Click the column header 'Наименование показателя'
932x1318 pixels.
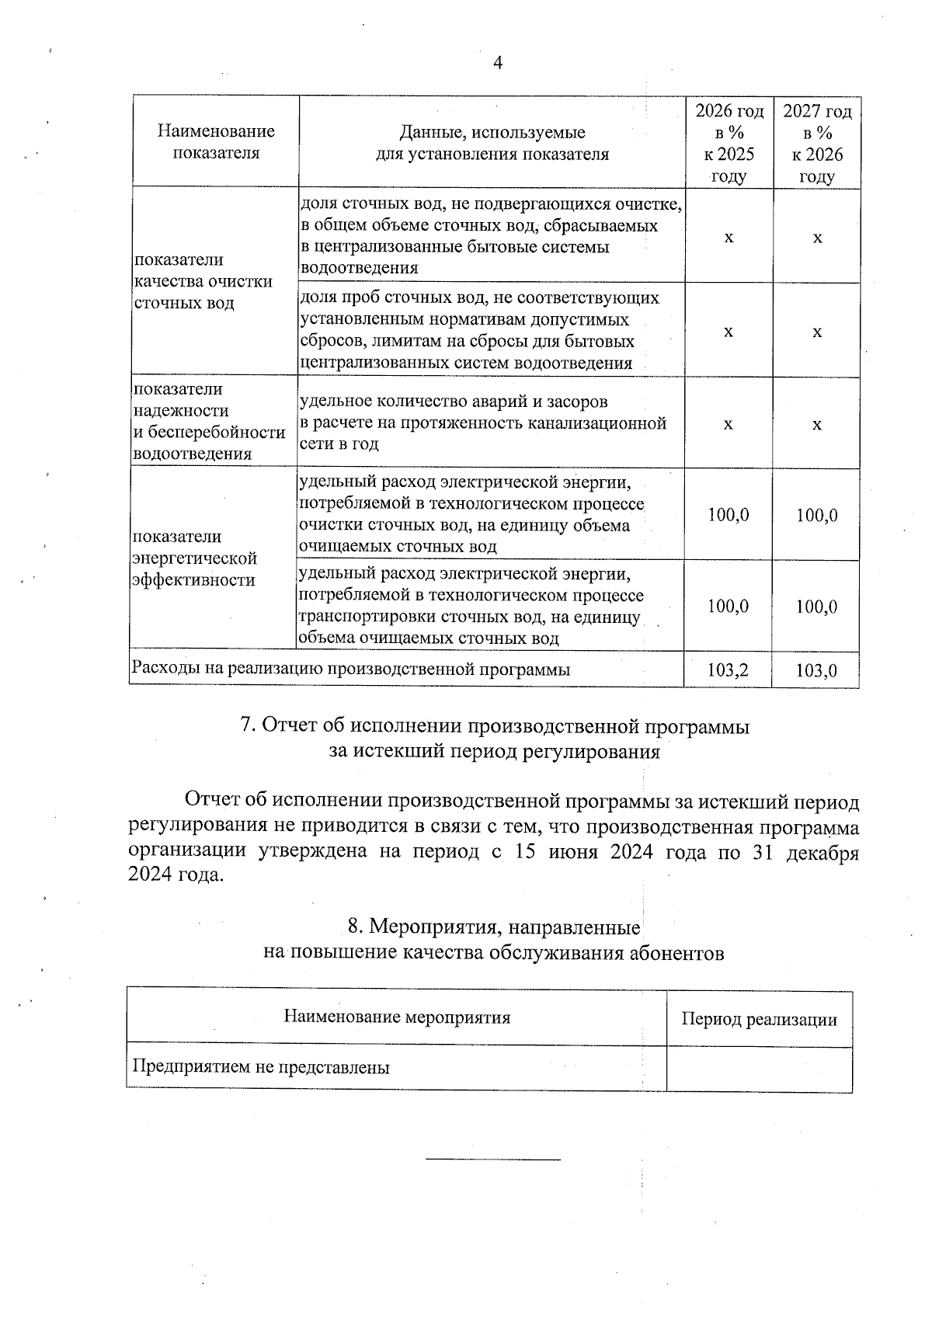(x=216, y=141)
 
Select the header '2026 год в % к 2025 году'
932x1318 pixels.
(x=728, y=143)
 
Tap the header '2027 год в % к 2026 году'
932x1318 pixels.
(x=816, y=143)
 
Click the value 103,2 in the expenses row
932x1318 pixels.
(x=728, y=669)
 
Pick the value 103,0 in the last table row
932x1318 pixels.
(x=816, y=670)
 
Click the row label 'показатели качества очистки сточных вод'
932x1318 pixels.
(x=203, y=281)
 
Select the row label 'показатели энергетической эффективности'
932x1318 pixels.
(x=194, y=558)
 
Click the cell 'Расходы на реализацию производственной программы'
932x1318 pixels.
(x=351, y=669)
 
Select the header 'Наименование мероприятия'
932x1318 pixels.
(x=397, y=1017)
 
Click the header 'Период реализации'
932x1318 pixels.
(x=759, y=1019)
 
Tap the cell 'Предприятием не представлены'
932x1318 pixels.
(x=261, y=1066)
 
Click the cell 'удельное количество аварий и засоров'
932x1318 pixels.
(x=454, y=402)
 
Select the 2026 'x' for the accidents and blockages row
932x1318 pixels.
(x=728, y=424)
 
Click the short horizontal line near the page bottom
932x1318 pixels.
(x=493, y=1160)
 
